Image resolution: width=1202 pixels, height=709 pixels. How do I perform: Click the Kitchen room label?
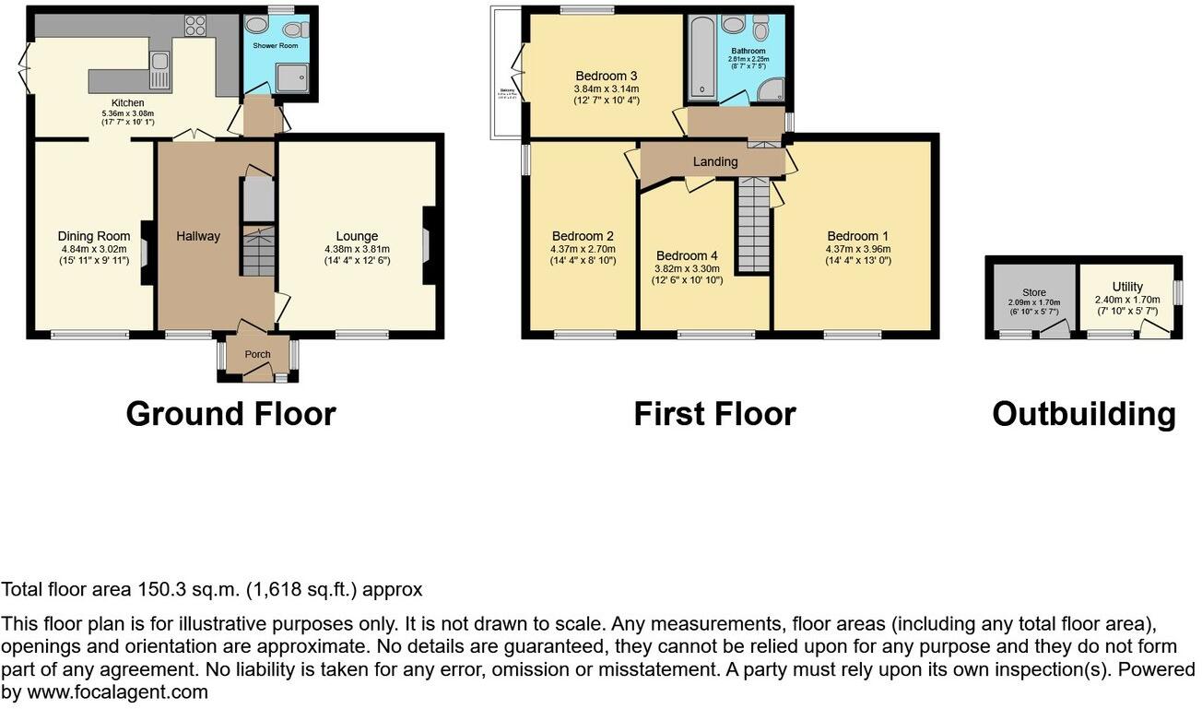(x=127, y=102)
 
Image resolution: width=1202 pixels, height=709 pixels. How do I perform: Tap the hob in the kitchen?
(x=195, y=27)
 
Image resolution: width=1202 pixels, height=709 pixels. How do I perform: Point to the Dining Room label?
(x=93, y=236)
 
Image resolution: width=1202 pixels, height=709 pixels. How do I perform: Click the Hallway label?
(x=198, y=236)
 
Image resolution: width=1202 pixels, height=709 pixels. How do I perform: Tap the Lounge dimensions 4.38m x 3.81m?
(x=357, y=249)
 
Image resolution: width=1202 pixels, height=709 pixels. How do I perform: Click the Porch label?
(x=257, y=354)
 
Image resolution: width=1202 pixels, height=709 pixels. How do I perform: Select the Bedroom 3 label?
(x=606, y=76)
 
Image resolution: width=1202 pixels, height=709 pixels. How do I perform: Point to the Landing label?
(x=715, y=161)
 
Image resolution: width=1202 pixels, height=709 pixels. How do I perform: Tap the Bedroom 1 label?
(x=858, y=236)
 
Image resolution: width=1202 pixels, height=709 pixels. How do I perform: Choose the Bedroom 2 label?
(x=583, y=236)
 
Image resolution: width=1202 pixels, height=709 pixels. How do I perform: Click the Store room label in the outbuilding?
(x=1033, y=292)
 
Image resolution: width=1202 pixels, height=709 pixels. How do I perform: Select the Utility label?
(x=1126, y=287)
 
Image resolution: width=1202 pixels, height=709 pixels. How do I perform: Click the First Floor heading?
(x=714, y=414)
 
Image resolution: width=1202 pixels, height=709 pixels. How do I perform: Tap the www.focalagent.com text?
(x=117, y=691)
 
